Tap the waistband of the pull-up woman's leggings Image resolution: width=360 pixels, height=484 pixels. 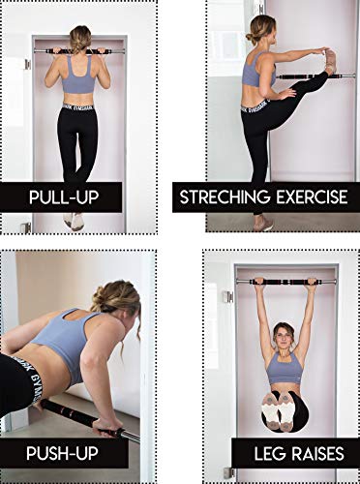(80, 106)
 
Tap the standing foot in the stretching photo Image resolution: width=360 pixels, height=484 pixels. (262, 223)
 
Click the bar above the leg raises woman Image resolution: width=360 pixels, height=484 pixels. (285, 281)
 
